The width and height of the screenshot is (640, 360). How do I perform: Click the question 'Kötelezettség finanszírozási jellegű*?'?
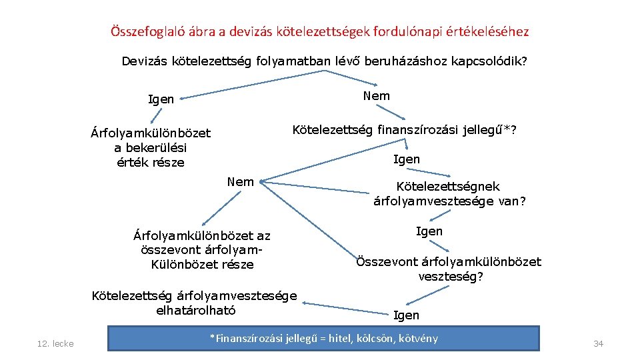click(405, 129)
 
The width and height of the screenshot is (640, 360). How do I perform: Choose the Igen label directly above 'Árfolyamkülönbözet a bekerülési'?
click(161, 99)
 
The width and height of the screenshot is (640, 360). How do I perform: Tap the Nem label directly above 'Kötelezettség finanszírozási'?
click(377, 96)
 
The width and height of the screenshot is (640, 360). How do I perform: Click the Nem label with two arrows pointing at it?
click(240, 181)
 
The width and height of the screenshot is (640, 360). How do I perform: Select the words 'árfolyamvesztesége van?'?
click(449, 201)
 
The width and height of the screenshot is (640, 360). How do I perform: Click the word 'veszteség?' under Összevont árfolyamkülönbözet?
click(450, 277)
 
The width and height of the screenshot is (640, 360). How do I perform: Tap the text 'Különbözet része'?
click(203, 265)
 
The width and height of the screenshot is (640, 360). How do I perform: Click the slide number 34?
click(598, 343)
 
